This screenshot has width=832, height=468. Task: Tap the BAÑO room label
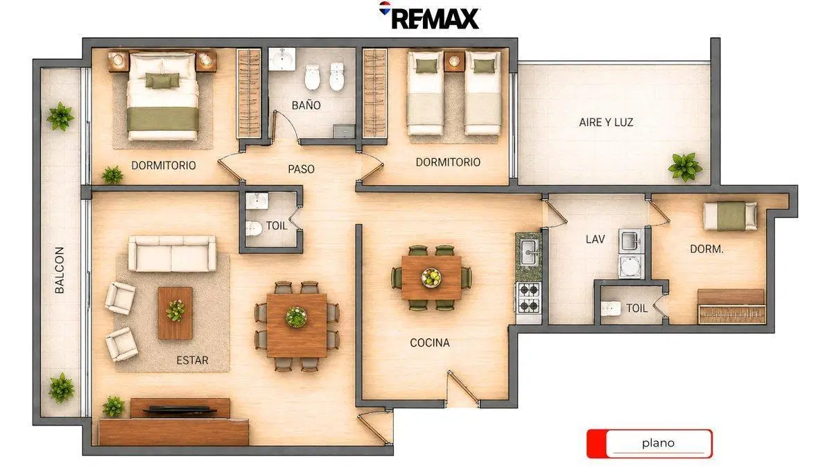(x=306, y=105)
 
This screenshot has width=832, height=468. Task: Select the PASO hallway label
(x=301, y=169)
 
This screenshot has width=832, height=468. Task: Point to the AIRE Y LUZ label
(x=606, y=122)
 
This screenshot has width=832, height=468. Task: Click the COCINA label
(x=430, y=343)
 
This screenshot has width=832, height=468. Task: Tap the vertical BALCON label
(x=60, y=270)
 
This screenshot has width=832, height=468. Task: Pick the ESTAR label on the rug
(x=193, y=361)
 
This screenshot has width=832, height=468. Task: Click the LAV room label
(x=595, y=239)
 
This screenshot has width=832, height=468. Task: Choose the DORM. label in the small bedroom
(x=707, y=249)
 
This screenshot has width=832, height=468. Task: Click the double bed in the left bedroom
(x=162, y=96)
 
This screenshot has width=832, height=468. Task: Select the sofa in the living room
(x=172, y=253)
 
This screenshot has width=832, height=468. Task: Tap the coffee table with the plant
(x=175, y=313)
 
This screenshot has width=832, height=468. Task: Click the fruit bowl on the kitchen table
(x=431, y=277)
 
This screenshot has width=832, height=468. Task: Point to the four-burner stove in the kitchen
(x=528, y=298)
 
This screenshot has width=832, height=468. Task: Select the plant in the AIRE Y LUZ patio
(x=685, y=167)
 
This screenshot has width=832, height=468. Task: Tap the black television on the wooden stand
(x=180, y=410)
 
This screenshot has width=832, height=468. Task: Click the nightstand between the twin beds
(x=454, y=61)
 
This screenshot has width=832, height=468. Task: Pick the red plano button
(x=650, y=444)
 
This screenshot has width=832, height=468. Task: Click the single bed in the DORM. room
(x=730, y=216)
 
